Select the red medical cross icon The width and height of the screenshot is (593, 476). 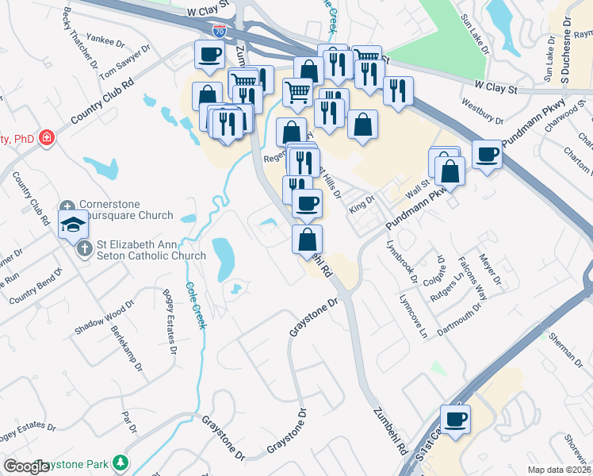coord(47,139)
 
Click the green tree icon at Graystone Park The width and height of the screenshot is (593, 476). coord(121,462)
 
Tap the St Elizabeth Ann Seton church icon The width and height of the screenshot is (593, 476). coord(86,248)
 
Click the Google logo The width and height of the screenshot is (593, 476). coord(26,466)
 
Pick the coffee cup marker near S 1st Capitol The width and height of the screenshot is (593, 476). coord(455,419)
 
